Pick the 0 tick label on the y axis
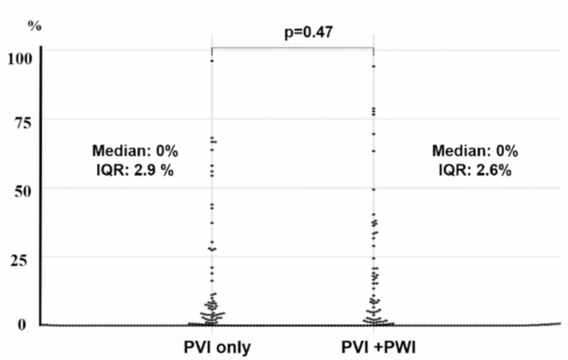click(x=23, y=325)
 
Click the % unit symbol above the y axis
click(x=34, y=26)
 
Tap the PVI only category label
click(x=217, y=348)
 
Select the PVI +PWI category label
click(x=374, y=348)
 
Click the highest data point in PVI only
click(x=212, y=61)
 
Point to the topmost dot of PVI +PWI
click(x=373, y=66)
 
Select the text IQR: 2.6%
click(x=475, y=172)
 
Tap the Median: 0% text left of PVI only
click(x=135, y=152)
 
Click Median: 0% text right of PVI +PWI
click(x=475, y=152)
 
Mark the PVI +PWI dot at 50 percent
click(x=373, y=189)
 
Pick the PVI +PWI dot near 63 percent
click(x=373, y=151)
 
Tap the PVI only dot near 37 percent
click(x=212, y=223)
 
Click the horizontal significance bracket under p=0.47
click(x=292, y=48)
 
